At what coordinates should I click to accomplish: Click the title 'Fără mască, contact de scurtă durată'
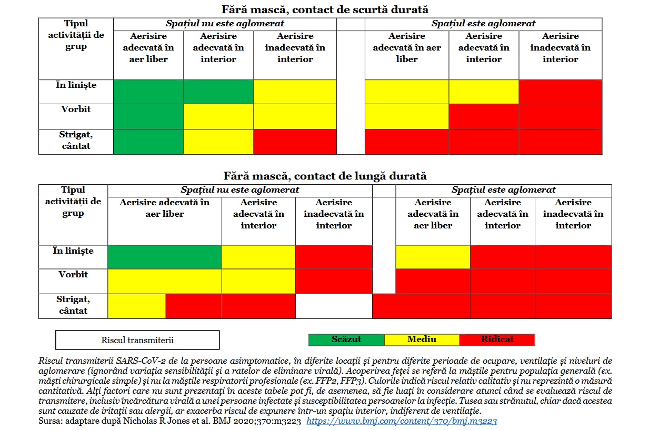click(x=324, y=9)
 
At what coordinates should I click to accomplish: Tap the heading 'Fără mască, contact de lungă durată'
click(x=324, y=176)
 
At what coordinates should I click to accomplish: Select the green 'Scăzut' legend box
click(x=346, y=339)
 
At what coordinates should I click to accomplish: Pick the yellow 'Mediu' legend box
click(x=422, y=339)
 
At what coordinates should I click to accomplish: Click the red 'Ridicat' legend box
click(x=497, y=339)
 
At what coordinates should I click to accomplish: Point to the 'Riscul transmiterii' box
click(x=137, y=340)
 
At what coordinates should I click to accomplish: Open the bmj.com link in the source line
click(x=402, y=421)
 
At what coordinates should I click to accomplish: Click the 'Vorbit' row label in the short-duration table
click(x=76, y=109)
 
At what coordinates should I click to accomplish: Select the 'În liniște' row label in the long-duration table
click(x=73, y=251)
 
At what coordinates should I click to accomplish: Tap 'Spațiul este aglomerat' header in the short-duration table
click(x=483, y=24)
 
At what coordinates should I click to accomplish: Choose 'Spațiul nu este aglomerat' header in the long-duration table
click(x=239, y=190)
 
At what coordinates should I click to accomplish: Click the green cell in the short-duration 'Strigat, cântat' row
click(x=148, y=142)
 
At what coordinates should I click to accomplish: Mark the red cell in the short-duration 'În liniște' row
click(x=560, y=92)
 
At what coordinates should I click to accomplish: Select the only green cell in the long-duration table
click(x=165, y=257)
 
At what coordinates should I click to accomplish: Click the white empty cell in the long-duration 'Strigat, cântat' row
click(x=334, y=306)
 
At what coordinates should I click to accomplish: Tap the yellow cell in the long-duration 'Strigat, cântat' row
click(x=137, y=306)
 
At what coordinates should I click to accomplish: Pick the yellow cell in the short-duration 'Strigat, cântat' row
click(x=218, y=142)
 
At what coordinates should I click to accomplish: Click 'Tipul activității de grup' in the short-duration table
click(x=76, y=35)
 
